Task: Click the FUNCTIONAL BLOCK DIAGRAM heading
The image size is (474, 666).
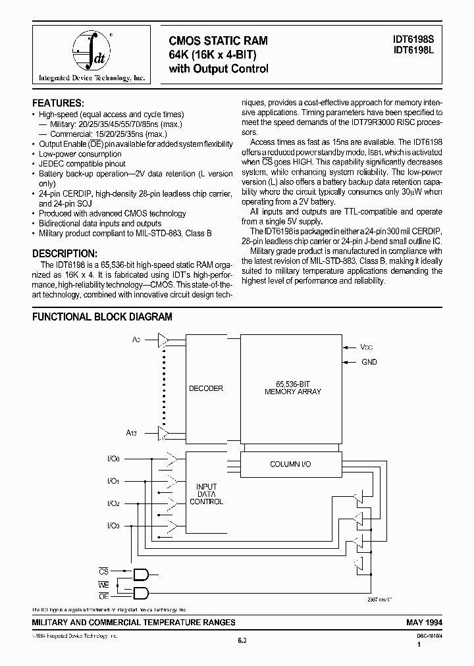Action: (102, 317)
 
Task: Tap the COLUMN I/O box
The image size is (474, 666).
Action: (290, 465)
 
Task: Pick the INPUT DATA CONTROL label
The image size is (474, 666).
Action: (206, 494)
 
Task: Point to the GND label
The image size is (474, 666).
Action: (369, 362)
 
